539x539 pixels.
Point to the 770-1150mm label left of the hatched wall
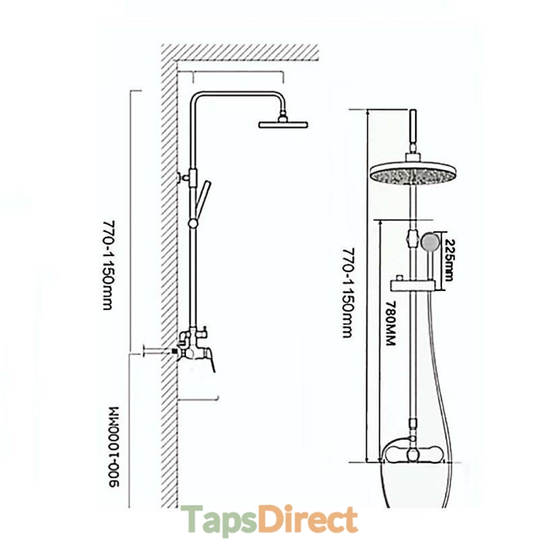107,263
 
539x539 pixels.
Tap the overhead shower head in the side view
283,124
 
